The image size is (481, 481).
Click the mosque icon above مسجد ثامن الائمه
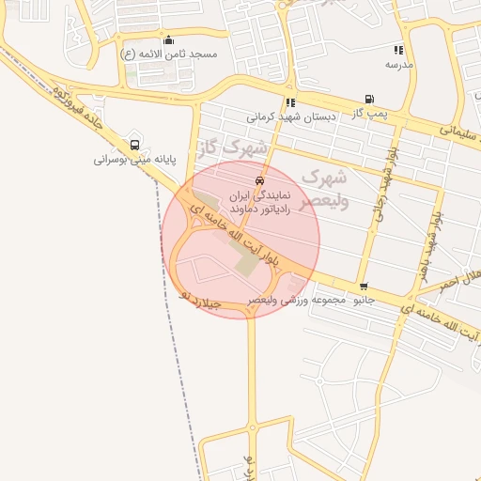click(168, 39)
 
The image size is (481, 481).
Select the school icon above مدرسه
click(398, 50)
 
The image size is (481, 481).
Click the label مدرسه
click(399, 64)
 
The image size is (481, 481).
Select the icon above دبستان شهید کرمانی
click(289, 103)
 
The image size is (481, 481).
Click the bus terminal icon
click(135, 145)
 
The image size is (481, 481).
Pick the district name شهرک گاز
click(232, 147)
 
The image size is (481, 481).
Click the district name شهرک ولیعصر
click(325, 188)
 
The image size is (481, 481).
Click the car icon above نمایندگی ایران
click(259, 180)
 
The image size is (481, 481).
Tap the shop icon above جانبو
click(364, 287)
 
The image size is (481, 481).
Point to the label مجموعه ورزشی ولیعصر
click(298, 301)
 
